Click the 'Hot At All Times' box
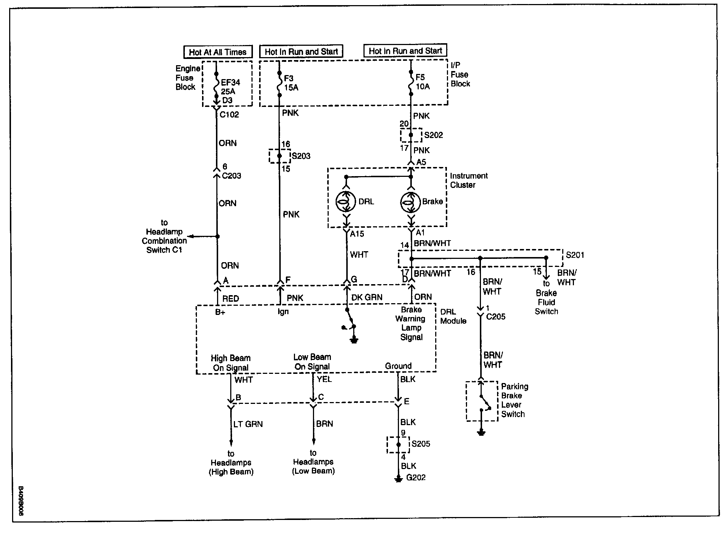click(x=217, y=52)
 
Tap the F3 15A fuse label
click(x=291, y=83)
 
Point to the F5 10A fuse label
click(x=422, y=82)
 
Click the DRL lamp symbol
click(x=346, y=201)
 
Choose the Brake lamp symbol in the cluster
click(x=411, y=201)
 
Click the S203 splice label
click(x=301, y=156)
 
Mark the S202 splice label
click(x=433, y=135)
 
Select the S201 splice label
click(x=575, y=255)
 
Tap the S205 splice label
click(x=421, y=444)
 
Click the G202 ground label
click(x=416, y=477)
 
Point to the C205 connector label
click(x=496, y=316)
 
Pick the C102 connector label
click(x=229, y=115)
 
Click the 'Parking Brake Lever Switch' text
click(x=514, y=400)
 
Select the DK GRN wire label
click(x=367, y=297)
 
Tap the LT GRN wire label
click(x=248, y=424)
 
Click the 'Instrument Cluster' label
click(x=469, y=180)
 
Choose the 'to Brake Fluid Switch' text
click(x=546, y=297)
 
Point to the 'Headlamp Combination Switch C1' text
click(x=164, y=236)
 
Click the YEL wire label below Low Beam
click(x=324, y=379)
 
